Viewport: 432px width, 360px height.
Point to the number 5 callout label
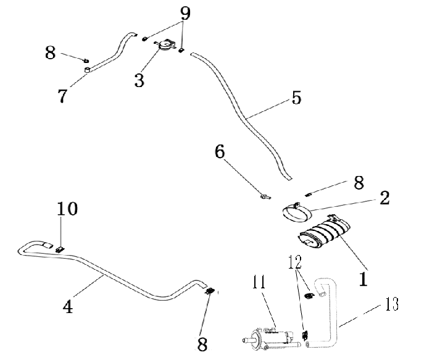click(296, 98)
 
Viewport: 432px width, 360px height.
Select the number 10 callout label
click(68, 209)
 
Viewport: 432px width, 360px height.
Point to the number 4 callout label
click(68, 306)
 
